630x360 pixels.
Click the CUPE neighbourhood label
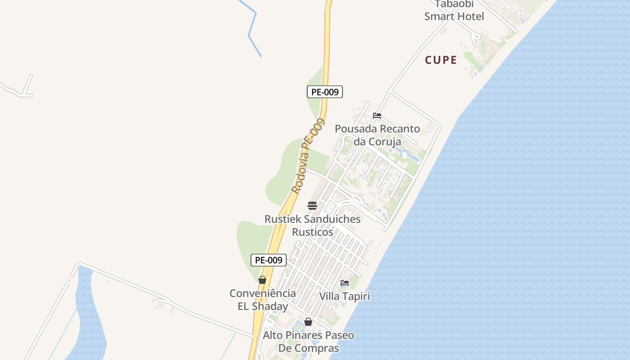coord(441,60)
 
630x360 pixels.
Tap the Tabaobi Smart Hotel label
coord(454,11)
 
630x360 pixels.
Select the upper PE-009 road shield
coord(325,92)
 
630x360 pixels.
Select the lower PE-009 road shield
coord(269,260)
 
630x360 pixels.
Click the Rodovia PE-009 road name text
coord(308,156)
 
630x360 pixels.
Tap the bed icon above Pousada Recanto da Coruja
coord(377,116)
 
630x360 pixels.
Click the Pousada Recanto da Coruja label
coord(377,135)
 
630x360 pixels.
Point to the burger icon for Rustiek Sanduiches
coord(312,206)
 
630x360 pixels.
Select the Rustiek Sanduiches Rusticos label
coord(312,225)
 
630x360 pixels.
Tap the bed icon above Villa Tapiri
coord(345,283)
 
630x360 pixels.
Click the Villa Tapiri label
coord(345,297)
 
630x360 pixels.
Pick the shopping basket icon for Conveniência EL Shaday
coord(262,280)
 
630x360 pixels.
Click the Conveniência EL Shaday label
coord(263,300)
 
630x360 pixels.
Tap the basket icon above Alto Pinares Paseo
coord(308,322)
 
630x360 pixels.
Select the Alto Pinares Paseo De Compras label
coord(308,342)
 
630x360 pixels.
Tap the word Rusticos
coord(312,232)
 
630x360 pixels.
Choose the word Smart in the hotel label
coord(440,17)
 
